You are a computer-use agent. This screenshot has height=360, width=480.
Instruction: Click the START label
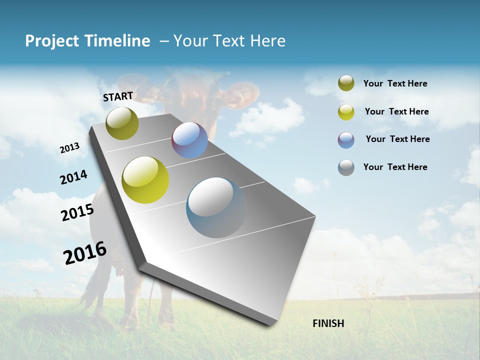[118, 96]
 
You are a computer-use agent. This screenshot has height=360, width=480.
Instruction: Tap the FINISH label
[328, 323]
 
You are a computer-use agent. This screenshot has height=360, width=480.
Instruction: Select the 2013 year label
[69, 148]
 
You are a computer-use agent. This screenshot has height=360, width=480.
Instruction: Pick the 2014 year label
[73, 177]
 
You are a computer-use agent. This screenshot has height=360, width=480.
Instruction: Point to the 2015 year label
[77, 212]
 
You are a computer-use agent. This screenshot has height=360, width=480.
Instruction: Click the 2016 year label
[85, 253]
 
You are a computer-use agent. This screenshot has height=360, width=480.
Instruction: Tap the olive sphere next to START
[122, 123]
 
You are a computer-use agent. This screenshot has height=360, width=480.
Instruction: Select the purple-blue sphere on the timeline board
[189, 140]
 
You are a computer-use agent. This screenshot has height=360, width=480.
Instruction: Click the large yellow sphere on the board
[145, 180]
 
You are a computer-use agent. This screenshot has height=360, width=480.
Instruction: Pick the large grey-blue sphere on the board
[216, 207]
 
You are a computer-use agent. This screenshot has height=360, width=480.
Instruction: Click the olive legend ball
[346, 83]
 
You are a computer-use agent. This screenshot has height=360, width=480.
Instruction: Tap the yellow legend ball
[346, 112]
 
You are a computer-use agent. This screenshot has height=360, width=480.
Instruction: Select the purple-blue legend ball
[346, 140]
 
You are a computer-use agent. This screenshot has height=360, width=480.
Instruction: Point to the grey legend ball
[346, 167]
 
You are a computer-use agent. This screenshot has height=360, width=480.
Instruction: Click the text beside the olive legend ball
[395, 83]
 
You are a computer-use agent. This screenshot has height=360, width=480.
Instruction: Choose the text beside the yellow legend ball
[396, 111]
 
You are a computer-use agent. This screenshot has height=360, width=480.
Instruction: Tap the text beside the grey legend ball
[395, 167]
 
